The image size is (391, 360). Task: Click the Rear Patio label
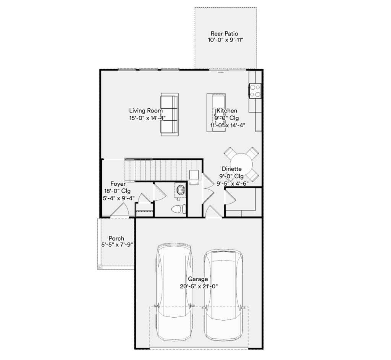tap(225, 33)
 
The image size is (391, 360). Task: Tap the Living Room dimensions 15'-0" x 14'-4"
tap(147, 118)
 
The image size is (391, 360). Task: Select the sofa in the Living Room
tap(170, 114)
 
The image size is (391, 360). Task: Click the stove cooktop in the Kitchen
tap(255, 91)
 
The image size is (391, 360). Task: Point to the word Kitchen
tap(227, 111)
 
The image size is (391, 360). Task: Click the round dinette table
tap(241, 164)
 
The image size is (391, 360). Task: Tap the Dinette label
tap(232, 169)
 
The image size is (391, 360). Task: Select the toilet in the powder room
tap(179, 209)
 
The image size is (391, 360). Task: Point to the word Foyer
tap(118, 184)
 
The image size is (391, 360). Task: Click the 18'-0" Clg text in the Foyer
tap(118, 191)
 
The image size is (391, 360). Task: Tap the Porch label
tap(116, 238)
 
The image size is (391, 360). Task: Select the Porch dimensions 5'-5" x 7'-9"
tap(117, 245)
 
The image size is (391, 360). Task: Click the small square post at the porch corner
tap(100, 267)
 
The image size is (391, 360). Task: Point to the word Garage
tap(198, 279)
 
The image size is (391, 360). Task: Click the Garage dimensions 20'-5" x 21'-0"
tap(199, 286)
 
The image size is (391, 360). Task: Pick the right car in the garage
tap(223, 295)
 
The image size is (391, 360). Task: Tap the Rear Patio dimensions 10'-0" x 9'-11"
tap(225, 40)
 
